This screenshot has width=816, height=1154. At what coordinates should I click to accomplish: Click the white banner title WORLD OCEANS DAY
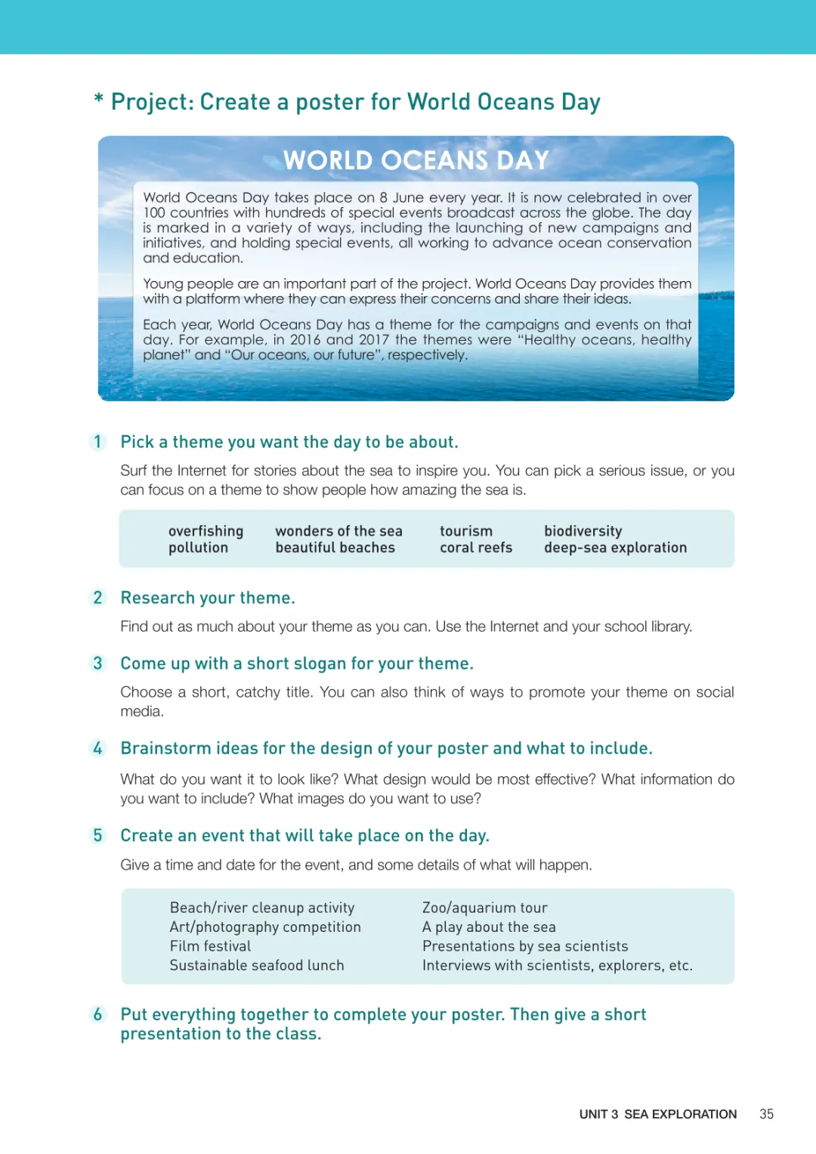click(x=416, y=160)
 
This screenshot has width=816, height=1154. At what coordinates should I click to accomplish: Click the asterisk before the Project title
click(x=98, y=99)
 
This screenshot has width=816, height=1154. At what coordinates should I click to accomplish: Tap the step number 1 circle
click(x=97, y=441)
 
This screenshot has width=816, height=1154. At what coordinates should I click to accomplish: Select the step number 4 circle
click(x=97, y=748)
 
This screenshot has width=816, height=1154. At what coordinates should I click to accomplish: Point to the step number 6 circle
click(x=97, y=1014)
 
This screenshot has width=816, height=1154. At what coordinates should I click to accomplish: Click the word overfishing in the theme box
click(x=206, y=531)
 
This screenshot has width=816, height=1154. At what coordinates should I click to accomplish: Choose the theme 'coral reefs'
click(x=476, y=548)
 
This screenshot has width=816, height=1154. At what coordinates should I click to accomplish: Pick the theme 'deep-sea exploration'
click(x=615, y=548)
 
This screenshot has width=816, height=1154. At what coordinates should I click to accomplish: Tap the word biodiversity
click(x=583, y=531)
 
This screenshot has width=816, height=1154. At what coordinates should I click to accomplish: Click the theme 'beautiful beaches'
click(x=335, y=548)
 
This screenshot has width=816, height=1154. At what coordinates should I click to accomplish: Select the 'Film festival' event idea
click(x=210, y=946)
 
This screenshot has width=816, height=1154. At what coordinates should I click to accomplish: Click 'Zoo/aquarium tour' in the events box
click(x=484, y=908)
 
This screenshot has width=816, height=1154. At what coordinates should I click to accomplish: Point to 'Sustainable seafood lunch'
click(x=257, y=965)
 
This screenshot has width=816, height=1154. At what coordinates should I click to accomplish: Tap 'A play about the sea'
click(x=489, y=927)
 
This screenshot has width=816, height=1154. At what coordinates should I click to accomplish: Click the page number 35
click(x=766, y=1114)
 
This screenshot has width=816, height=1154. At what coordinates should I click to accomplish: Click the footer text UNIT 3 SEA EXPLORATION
click(x=657, y=1114)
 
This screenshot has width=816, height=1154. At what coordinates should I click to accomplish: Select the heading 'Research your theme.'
click(x=208, y=598)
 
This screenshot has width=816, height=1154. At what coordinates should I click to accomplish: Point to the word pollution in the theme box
click(x=198, y=548)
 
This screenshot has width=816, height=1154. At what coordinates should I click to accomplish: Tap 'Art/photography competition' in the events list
click(x=265, y=927)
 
